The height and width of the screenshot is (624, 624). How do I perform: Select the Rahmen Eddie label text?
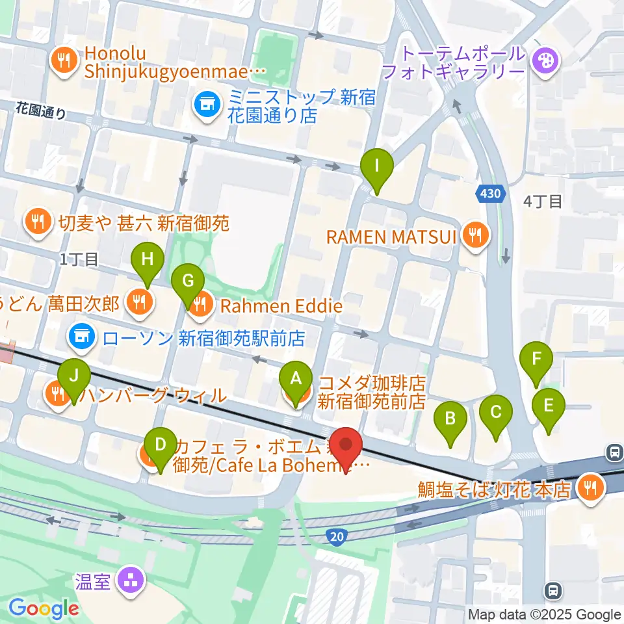pyautogui.click(x=281, y=305)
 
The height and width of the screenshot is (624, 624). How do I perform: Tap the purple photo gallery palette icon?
pyautogui.click(x=541, y=62)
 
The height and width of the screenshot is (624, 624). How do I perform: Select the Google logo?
pyautogui.click(x=44, y=609)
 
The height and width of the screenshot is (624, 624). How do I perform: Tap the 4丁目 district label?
pyautogui.click(x=543, y=202)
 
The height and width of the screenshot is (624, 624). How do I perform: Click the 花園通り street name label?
pyautogui.click(x=41, y=112)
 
